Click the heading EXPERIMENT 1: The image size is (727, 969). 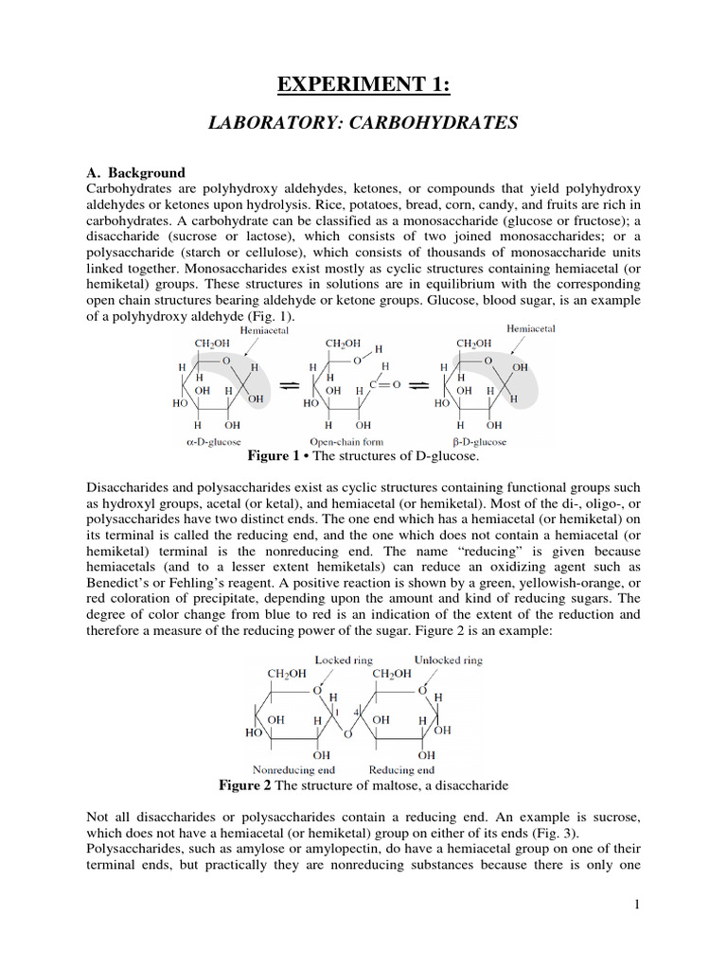[363, 86]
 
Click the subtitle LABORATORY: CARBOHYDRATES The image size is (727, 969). [363, 123]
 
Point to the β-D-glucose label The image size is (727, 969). [478, 442]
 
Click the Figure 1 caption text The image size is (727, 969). [363, 456]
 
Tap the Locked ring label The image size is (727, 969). [344, 660]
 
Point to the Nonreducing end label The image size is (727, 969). [293, 769]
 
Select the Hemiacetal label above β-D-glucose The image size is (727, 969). [531, 328]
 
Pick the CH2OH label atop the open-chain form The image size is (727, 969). [342, 344]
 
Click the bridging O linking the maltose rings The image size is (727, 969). [347, 733]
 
